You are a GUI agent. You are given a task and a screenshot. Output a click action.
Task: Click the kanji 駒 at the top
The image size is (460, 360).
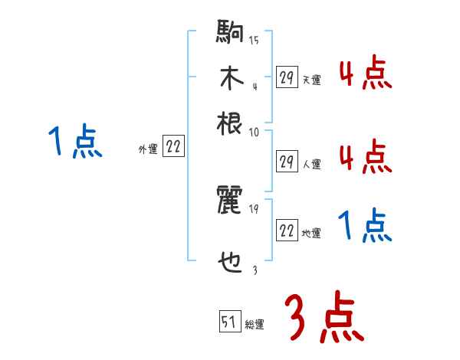(230, 34)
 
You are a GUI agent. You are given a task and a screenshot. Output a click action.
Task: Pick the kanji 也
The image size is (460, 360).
(230, 263)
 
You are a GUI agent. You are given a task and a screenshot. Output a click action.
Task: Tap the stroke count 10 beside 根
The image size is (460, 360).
(254, 132)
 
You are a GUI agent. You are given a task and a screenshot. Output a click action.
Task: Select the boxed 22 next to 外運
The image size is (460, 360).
(173, 147)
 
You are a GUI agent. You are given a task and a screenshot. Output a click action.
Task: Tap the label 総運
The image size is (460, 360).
(255, 325)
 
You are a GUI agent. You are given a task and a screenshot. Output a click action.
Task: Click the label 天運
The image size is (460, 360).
(312, 80)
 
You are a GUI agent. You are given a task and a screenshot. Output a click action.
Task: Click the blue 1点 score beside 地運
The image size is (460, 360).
(365, 227)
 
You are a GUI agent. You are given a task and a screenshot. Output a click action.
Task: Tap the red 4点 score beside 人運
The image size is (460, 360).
(365, 158)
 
